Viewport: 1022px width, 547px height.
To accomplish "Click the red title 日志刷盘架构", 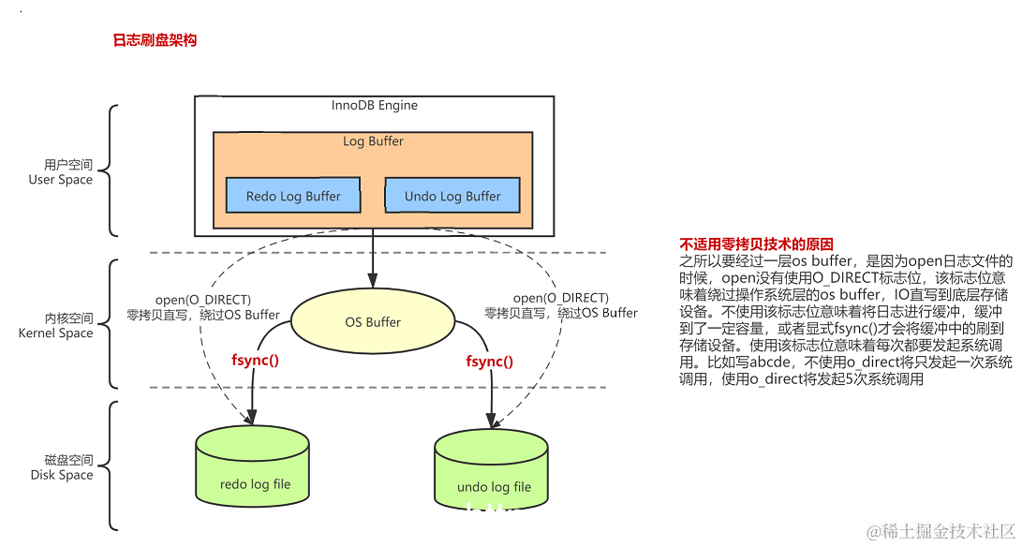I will point(155,40).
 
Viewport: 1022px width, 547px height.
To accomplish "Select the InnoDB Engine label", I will point(374,105).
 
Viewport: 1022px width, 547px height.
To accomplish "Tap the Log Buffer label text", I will point(373,141).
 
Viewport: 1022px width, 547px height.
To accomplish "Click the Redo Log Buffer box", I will point(293,196).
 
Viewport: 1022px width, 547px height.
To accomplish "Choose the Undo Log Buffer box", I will point(452,196).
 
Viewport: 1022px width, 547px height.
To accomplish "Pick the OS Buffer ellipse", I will point(373,322).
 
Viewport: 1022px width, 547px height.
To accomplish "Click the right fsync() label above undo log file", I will point(490,360).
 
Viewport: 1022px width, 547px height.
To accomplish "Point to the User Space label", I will point(62,180).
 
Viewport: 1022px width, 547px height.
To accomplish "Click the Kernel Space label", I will point(56,333).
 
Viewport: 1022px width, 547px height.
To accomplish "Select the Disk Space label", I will point(62,475).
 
